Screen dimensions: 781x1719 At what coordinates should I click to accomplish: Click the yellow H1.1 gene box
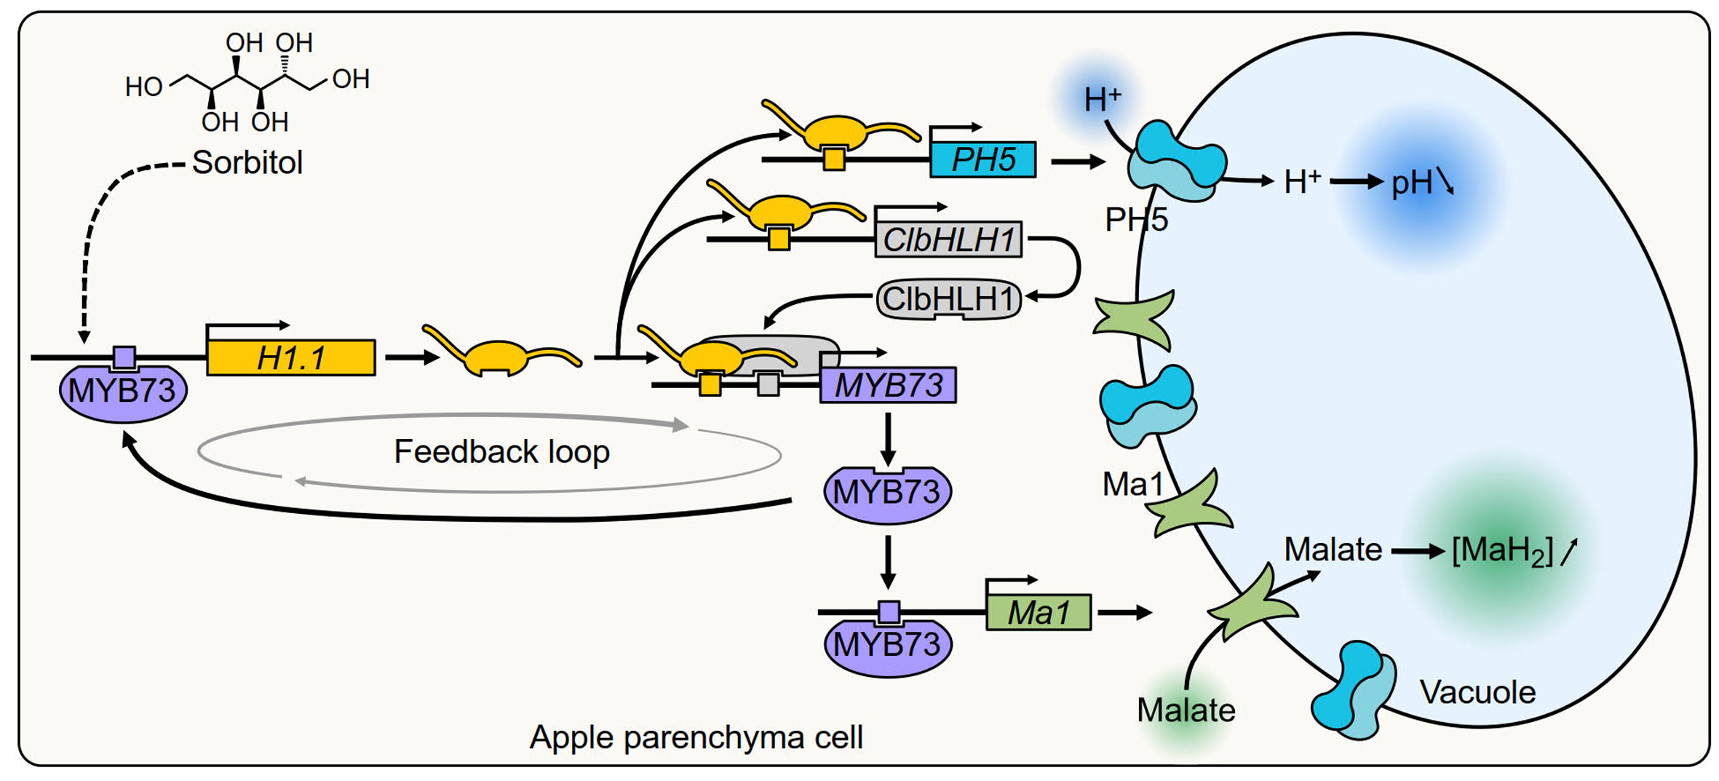pos(290,357)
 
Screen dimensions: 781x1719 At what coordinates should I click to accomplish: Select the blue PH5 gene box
pos(982,159)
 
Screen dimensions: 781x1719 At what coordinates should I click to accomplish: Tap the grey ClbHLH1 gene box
pos(948,240)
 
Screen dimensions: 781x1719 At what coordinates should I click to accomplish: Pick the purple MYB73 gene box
pos(887,385)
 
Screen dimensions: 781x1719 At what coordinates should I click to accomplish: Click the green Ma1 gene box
pos(1038,612)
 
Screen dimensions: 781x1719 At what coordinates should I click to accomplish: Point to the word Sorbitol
pos(247,162)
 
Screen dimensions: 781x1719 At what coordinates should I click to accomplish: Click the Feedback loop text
pos(501,451)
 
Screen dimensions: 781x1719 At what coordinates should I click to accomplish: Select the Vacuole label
pos(1477,691)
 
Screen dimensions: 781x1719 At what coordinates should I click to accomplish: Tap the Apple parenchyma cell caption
pos(696,737)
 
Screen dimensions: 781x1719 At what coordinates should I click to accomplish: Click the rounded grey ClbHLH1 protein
pos(948,299)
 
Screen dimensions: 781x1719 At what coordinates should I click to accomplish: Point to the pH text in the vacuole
pos(1412,182)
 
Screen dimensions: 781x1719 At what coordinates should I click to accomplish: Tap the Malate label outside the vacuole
pos(1186,710)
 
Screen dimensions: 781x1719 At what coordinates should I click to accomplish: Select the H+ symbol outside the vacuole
pos(1102,100)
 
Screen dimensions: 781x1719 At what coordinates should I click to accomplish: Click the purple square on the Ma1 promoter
pos(889,612)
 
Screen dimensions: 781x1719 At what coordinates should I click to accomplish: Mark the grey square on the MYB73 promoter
pos(768,384)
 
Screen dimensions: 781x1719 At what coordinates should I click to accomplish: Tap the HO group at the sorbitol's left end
pos(143,87)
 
